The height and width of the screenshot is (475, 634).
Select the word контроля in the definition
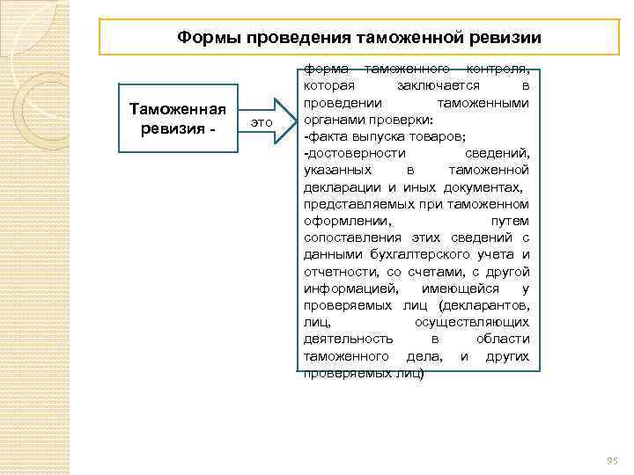click(498, 69)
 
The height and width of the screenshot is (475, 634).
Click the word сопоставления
click(353, 237)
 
